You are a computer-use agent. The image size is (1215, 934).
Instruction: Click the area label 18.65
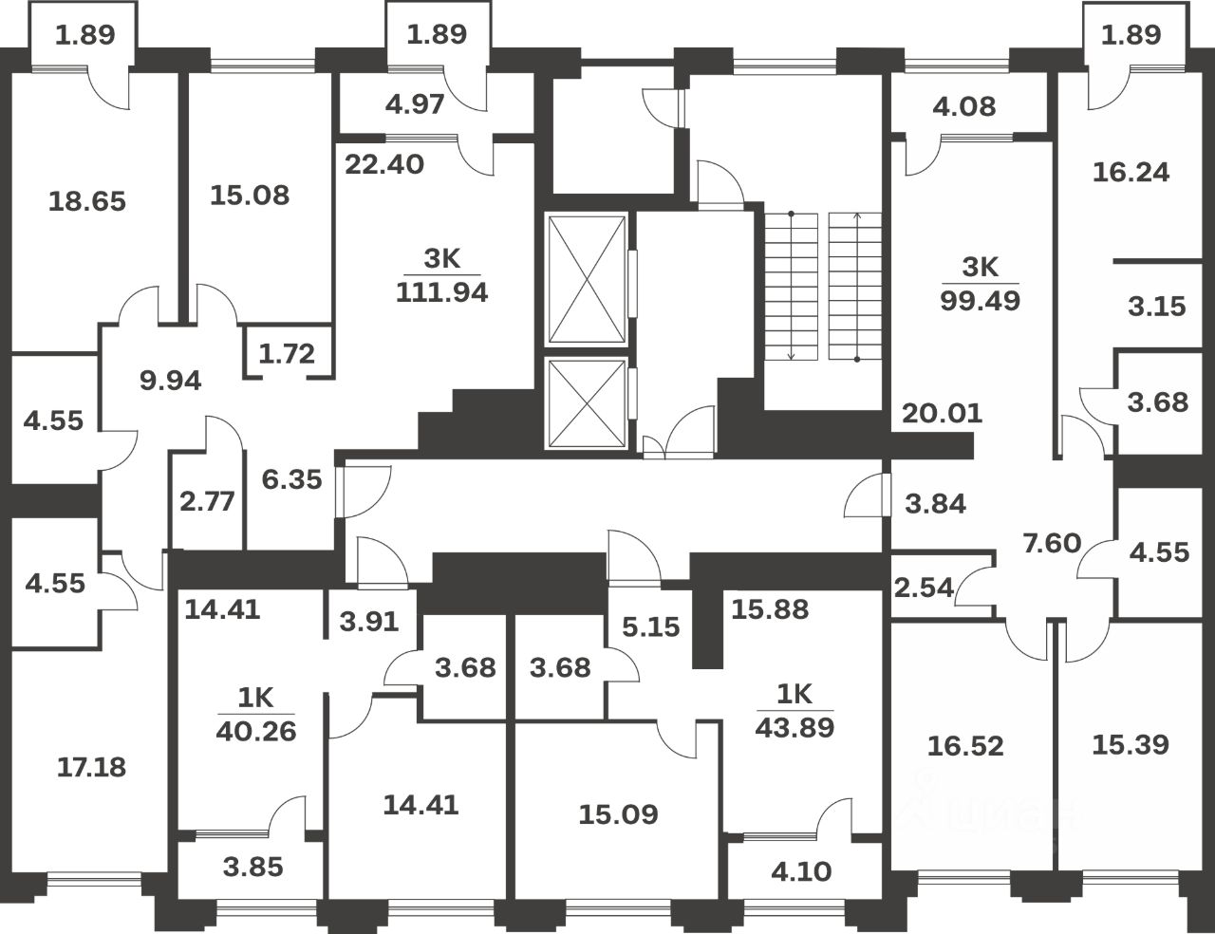[x=86, y=201]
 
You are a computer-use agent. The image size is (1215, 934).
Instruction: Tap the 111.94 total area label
[x=441, y=292]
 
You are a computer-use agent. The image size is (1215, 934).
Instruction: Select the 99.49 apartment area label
[x=980, y=301]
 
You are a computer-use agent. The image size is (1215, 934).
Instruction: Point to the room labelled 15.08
[x=250, y=196]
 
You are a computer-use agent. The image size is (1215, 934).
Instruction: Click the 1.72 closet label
[x=287, y=355]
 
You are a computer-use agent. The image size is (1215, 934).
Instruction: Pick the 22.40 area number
[x=383, y=164]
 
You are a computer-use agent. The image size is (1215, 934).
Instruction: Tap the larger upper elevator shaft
[x=588, y=279]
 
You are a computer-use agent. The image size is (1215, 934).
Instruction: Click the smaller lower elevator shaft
[x=588, y=402]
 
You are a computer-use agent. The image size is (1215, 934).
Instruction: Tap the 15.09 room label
[x=618, y=813]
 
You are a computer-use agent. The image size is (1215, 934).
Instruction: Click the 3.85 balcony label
[x=252, y=867]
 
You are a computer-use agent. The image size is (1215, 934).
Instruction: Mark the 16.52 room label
[x=964, y=745]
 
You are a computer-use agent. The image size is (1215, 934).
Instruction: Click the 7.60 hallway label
[x=1051, y=543]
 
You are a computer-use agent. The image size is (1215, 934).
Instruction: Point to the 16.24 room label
[x=1131, y=172]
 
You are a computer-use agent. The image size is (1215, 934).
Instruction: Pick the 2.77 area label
[x=206, y=500]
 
